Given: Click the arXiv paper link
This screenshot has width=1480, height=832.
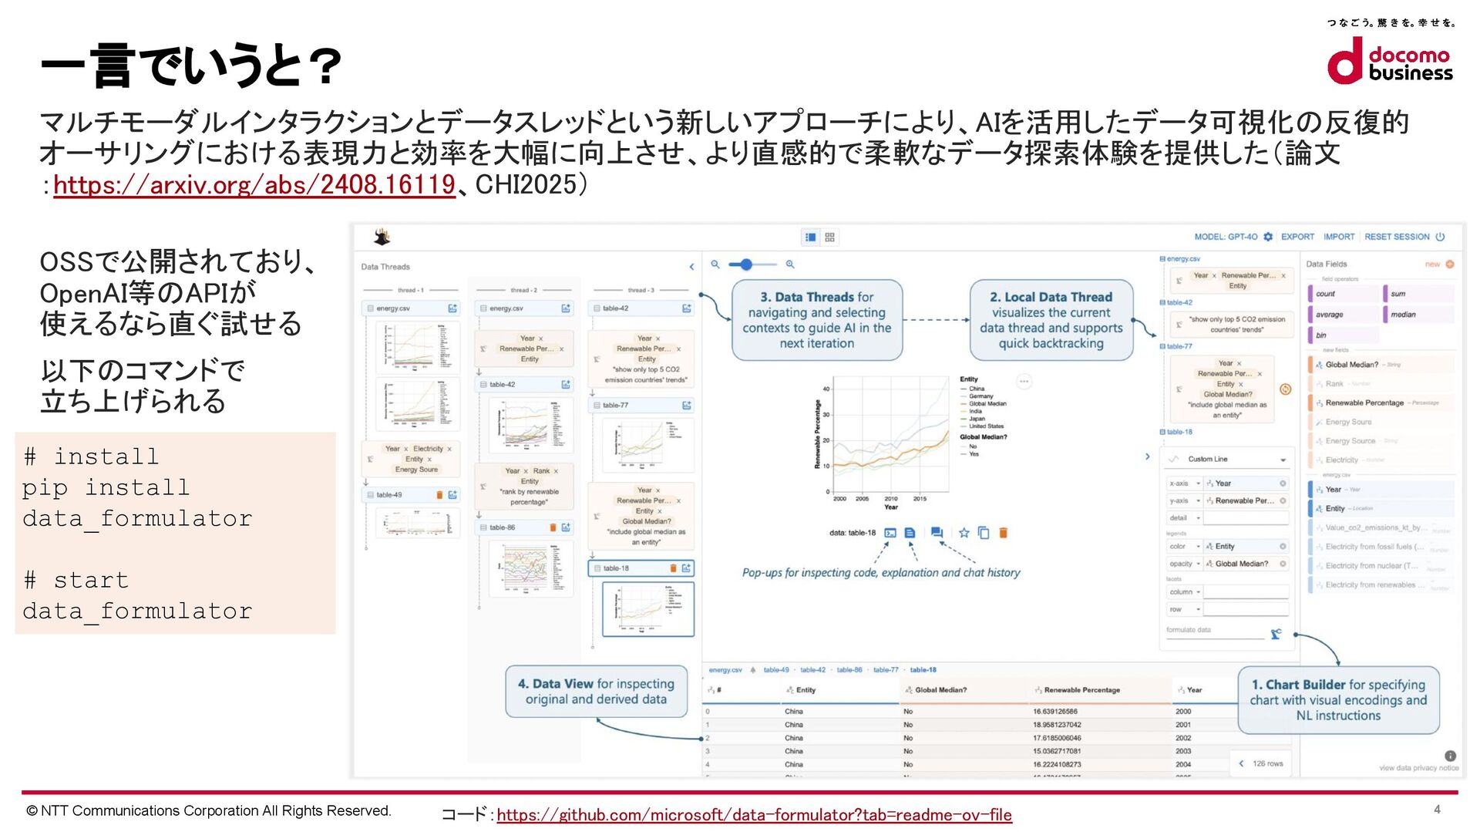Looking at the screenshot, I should click(254, 185).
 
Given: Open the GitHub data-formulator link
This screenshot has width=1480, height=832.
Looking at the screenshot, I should click(754, 815).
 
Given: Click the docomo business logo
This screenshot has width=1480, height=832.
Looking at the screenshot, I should click(1389, 62).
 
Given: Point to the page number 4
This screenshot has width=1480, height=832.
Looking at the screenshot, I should click(1437, 809).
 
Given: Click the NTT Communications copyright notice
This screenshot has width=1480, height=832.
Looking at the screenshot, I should click(209, 810).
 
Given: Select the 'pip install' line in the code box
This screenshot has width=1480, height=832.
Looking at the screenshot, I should click(106, 487).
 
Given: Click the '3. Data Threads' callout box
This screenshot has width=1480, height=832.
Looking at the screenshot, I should click(816, 320).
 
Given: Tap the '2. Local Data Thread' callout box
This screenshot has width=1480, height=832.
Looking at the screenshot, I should click(1051, 320).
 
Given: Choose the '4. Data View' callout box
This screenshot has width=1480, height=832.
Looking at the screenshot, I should click(596, 691).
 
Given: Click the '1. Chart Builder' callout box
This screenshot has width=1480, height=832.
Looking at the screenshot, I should click(1337, 699).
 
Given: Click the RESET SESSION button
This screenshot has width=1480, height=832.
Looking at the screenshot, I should click(1397, 237).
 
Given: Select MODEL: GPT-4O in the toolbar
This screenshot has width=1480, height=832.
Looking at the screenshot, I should click(1226, 237).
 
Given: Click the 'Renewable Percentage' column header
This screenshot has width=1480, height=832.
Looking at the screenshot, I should click(1081, 690).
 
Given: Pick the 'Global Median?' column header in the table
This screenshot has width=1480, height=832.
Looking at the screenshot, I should click(940, 690).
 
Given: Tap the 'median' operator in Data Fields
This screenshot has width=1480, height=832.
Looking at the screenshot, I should click(1403, 315).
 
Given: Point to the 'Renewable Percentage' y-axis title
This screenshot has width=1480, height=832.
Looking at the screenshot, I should click(818, 434).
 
